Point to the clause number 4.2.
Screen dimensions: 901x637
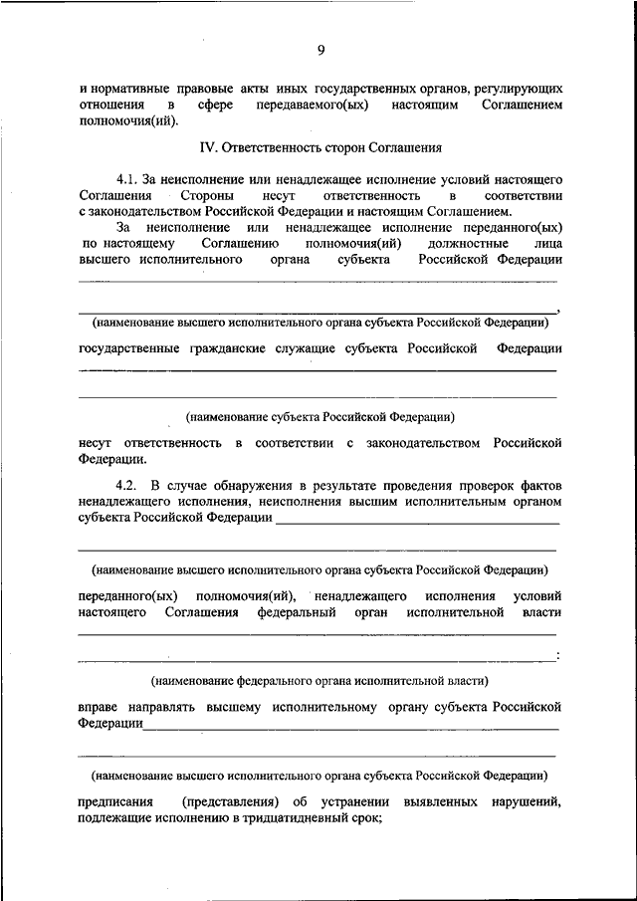pos(126,483)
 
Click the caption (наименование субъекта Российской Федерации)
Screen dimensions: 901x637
pos(319,417)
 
